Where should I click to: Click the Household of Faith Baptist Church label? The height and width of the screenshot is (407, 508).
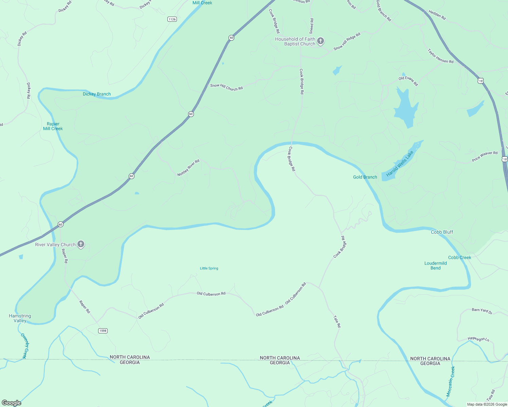point(295,41)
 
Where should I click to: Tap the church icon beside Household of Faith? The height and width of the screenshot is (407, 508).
point(321,41)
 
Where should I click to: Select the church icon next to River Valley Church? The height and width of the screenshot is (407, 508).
point(81,244)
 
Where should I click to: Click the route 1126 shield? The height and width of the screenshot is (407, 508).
point(172,19)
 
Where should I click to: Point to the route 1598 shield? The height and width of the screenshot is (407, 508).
point(103,331)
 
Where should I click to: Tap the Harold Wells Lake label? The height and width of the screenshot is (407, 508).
point(400,164)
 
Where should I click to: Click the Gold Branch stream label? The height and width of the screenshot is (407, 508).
point(365,177)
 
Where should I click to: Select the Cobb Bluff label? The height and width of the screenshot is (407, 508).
point(442,232)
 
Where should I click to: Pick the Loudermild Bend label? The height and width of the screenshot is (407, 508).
point(435,266)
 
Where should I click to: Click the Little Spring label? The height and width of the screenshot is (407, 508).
point(209,268)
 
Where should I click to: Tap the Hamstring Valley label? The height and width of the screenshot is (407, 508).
point(20,318)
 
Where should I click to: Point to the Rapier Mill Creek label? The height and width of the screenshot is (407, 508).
point(53,126)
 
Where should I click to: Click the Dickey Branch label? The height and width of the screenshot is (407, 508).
point(97,94)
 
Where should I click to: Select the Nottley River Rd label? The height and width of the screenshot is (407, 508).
point(188,168)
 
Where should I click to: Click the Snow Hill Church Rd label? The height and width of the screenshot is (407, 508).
point(226,87)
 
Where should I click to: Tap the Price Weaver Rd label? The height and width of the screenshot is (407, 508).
point(485,156)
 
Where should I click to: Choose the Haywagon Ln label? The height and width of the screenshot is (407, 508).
point(478,339)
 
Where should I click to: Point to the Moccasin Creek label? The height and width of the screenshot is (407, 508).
point(450,382)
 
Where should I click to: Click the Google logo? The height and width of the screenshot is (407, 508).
point(12,403)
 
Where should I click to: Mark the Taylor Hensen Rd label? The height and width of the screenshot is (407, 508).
point(440,56)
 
